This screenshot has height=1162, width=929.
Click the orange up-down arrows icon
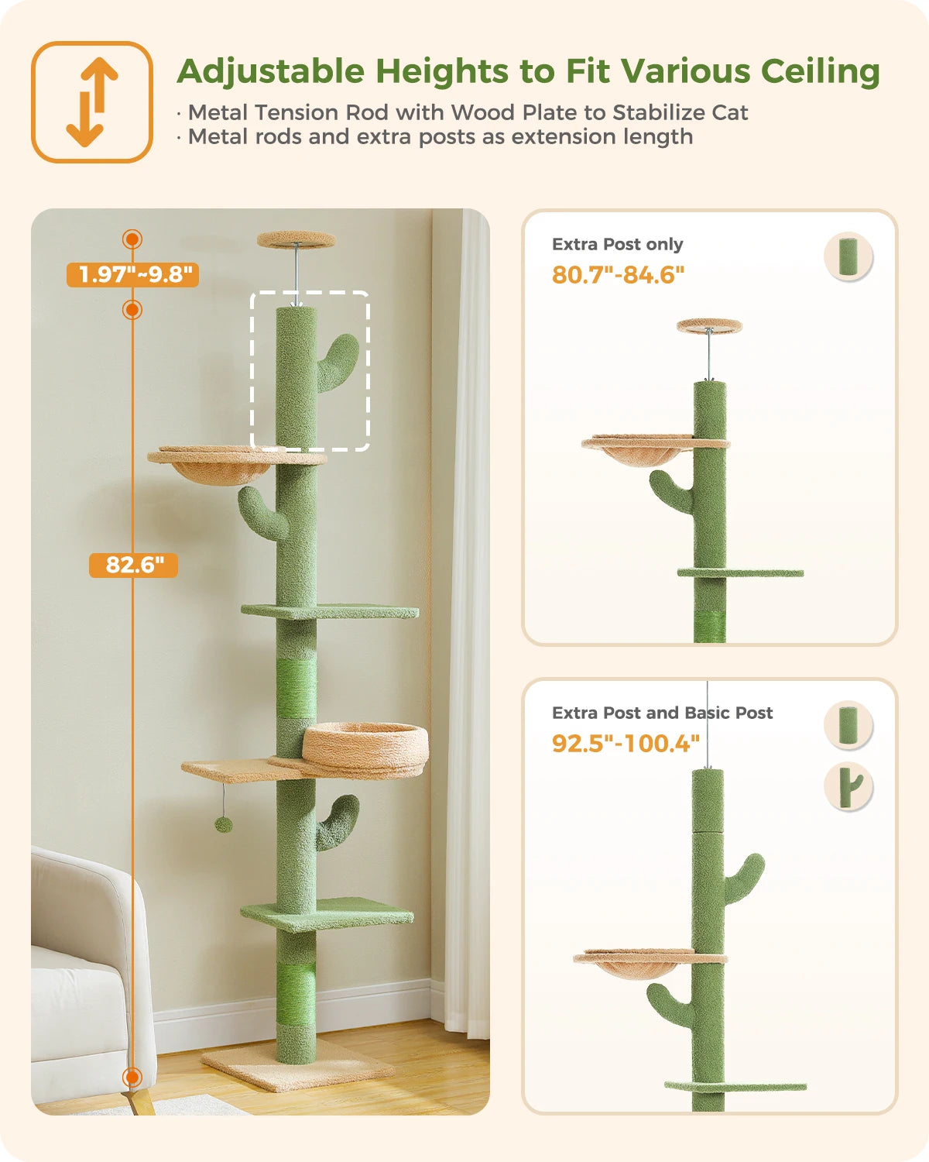pos(92,102)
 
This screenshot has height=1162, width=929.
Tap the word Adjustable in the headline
pos(270,71)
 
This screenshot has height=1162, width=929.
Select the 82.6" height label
pos(133,565)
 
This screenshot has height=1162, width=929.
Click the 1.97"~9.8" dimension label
pos(133,274)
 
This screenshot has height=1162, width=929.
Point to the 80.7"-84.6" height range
pos(618,275)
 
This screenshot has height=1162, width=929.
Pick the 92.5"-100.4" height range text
pos(626,744)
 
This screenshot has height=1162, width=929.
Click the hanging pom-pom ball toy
pos(224,823)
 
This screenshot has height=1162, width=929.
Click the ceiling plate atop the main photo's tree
pos(297,239)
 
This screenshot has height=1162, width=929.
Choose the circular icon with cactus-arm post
pos(848,787)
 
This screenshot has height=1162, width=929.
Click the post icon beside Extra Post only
pos(848,256)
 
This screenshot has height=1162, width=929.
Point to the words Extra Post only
pos(617,245)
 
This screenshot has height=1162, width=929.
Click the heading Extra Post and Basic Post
pos(662,713)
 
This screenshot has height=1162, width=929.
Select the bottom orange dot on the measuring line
pos(132,1077)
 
